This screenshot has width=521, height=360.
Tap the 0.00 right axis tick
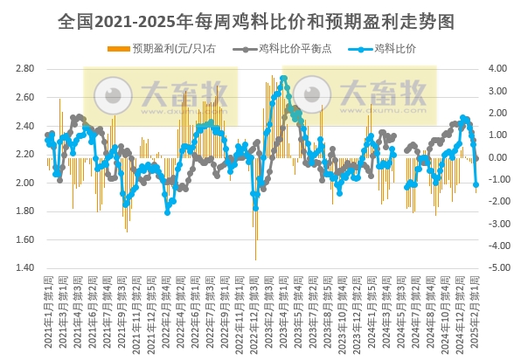point(497,157)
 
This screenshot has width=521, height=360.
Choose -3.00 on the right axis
point(497,224)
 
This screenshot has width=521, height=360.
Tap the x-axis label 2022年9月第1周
point(225,308)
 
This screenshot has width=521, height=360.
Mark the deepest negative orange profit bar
point(256,259)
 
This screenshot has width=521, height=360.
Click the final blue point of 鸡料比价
point(476,184)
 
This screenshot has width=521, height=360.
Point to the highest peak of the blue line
point(284,79)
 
